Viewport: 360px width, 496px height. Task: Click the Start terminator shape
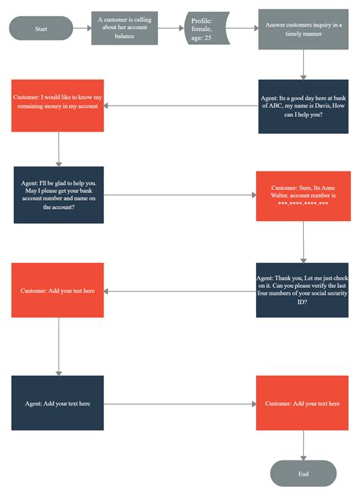point(41,28)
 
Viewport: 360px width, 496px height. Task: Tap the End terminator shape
point(303,473)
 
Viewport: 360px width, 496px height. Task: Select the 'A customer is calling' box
point(125,28)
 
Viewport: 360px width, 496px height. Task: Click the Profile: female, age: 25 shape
point(207,28)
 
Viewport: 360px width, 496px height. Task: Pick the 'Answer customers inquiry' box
point(303,29)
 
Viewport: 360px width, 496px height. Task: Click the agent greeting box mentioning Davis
point(303,106)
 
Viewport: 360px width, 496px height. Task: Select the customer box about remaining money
point(58,106)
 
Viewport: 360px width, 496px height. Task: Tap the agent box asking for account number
point(58,195)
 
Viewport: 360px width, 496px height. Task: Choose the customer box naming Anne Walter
point(303,196)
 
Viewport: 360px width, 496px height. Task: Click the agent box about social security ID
point(302,289)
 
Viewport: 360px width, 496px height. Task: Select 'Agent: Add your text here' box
point(58,403)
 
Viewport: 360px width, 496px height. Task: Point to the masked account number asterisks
point(303,203)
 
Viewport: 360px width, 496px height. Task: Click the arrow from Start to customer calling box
point(82,28)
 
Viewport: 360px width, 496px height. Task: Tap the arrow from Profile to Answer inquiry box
point(243,28)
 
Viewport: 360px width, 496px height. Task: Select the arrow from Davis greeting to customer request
point(181,106)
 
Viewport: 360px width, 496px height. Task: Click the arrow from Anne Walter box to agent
point(303,242)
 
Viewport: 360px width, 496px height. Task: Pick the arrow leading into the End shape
point(303,445)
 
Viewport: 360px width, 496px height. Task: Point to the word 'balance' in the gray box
point(125,36)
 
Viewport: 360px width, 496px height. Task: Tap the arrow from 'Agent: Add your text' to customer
point(180,404)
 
